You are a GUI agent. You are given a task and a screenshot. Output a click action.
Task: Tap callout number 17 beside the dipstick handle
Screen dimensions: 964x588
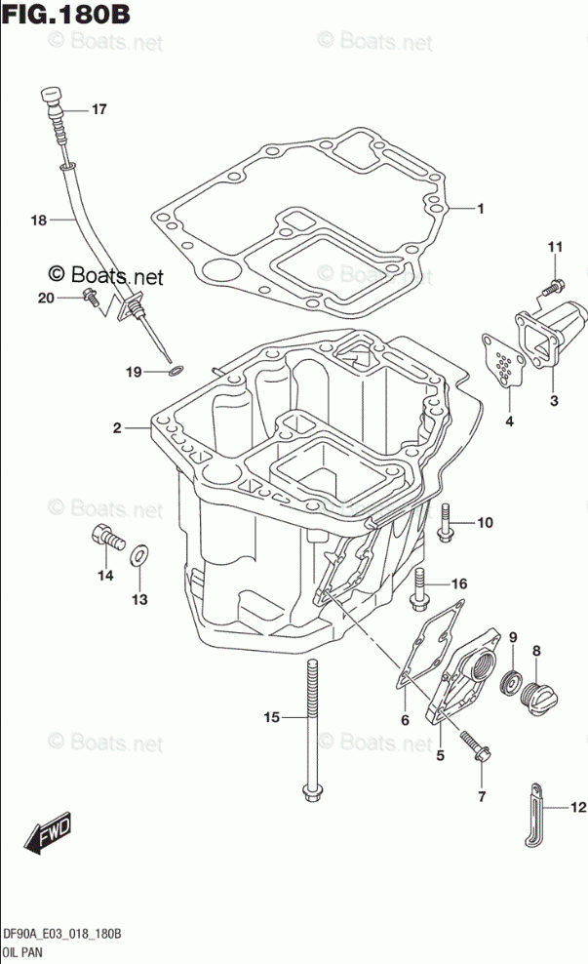(x=98, y=109)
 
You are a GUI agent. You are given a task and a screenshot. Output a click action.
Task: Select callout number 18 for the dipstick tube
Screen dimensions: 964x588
(x=38, y=221)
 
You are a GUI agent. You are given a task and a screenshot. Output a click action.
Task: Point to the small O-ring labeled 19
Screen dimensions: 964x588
(x=175, y=371)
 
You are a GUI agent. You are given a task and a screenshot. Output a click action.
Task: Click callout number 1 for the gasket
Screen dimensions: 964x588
(x=481, y=208)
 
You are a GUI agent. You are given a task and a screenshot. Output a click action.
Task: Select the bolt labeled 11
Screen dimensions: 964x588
(x=551, y=287)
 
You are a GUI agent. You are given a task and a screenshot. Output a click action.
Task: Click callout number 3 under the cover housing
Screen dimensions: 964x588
(x=553, y=400)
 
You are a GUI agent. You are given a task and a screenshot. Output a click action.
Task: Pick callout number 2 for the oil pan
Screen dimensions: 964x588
(x=116, y=427)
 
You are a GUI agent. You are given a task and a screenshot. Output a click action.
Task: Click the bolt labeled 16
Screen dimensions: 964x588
(x=422, y=584)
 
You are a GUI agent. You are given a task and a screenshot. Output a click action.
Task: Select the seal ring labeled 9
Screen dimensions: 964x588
(x=510, y=683)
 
